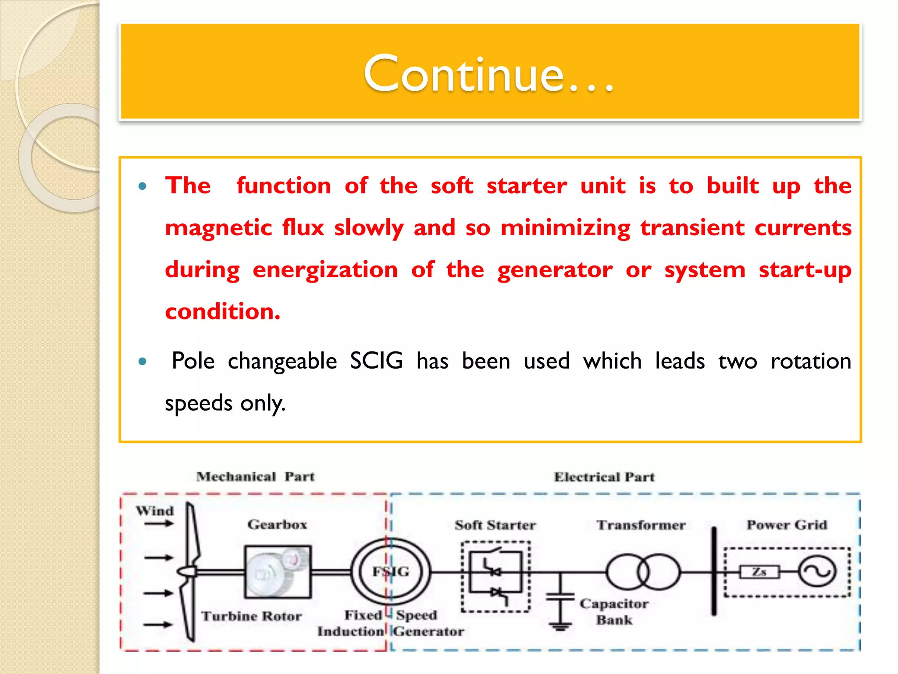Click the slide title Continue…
[x=488, y=74]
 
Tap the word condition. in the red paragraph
[x=222, y=312]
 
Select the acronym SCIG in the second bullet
[x=376, y=361]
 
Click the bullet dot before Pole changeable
[x=142, y=362]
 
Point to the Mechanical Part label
[x=255, y=477]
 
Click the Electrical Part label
[x=604, y=477]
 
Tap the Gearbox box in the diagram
[x=278, y=572]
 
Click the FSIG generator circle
[x=391, y=572]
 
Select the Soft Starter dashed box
[x=495, y=576]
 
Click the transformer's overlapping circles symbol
[x=643, y=572]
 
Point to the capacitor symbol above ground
[x=560, y=597]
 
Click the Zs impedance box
[x=759, y=572]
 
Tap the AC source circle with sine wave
[x=817, y=572]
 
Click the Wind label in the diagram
[x=155, y=511]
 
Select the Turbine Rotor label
[x=251, y=616]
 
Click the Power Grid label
[x=787, y=525]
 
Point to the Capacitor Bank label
[x=614, y=612]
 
